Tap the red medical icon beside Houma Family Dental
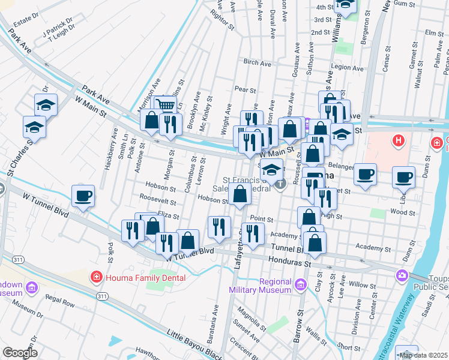click(x=95, y=277)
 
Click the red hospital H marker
click(x=397, y=142)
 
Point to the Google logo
click(x=20, y=352)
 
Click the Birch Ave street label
click(x=258, y=62)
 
